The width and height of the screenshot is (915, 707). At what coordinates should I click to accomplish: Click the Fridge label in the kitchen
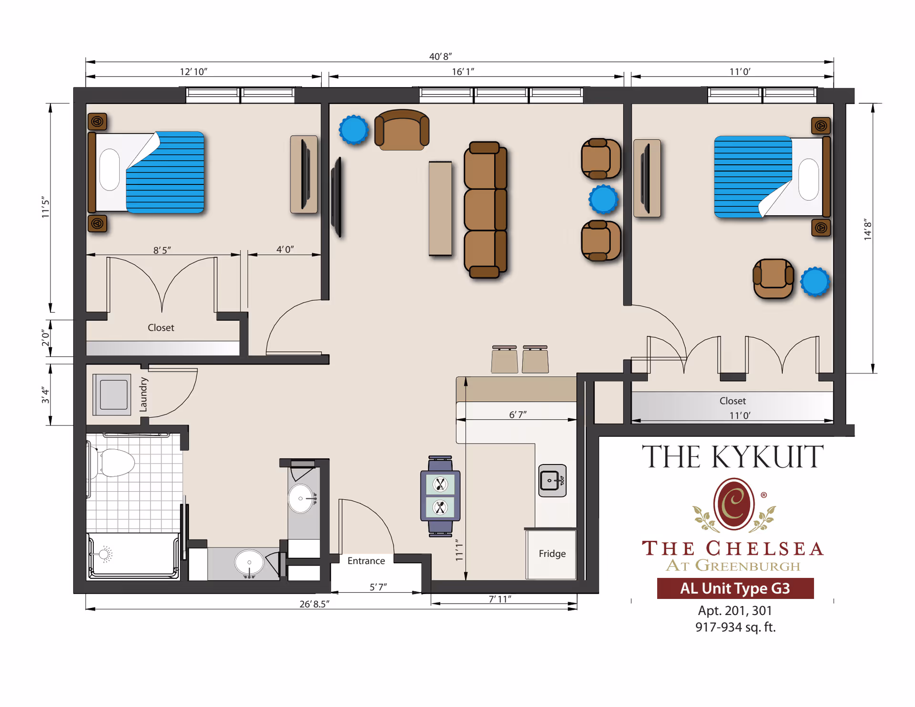(552, 554)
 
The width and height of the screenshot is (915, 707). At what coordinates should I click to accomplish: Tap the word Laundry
(143, 394)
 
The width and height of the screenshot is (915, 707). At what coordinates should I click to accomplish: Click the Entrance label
(366, 561)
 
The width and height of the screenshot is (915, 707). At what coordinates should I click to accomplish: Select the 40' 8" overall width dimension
(440, 57)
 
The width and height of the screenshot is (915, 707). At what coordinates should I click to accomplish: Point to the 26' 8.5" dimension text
(314, 604)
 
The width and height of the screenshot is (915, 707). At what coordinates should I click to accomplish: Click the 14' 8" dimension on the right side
(867, 230)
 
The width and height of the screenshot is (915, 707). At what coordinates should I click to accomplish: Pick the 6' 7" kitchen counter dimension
(518, 414)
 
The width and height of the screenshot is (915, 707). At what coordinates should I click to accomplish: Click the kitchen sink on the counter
(552, 480)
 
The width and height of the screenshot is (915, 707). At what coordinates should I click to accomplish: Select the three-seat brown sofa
(485, 210)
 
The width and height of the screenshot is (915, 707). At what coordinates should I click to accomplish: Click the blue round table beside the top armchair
(354, 130)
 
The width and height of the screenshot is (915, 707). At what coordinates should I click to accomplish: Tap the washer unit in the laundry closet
(112, 394)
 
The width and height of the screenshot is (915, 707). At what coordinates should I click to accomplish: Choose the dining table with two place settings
(440, 496)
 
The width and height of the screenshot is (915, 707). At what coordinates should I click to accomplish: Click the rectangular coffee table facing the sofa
(440, 208)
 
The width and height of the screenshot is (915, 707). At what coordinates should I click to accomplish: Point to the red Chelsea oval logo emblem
(733, 504)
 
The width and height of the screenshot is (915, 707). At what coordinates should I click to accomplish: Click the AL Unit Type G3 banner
(735, 588)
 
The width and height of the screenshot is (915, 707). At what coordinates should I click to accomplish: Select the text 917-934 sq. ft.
(735, 627)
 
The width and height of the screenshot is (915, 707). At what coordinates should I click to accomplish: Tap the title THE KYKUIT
(732, 457)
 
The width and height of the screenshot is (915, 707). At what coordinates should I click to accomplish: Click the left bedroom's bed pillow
(110, 170)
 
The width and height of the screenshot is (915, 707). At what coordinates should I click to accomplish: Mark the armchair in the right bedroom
(773, 278)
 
